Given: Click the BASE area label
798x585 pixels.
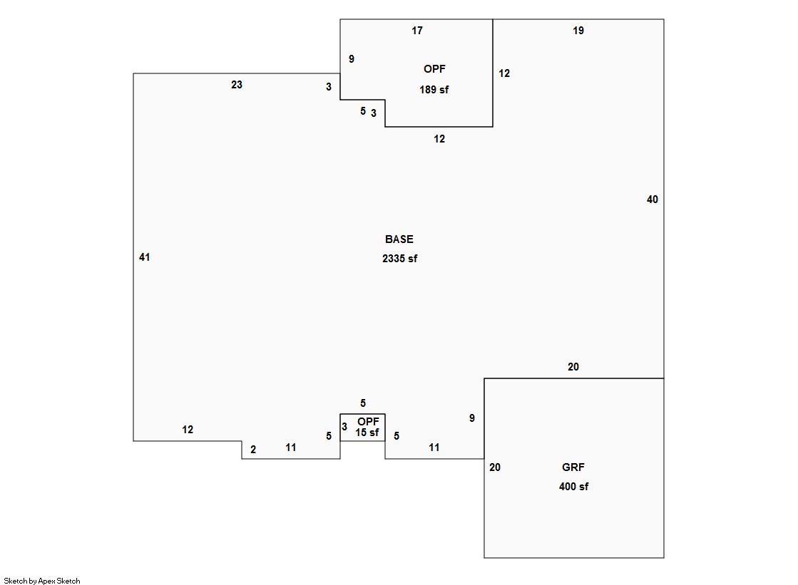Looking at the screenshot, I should [x=399, y=239].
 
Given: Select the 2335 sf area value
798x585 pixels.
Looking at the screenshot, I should [x=399, y=259].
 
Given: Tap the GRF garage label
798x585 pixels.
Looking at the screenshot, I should [x=573, y=467].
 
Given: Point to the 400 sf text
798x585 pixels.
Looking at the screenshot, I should [x=573, y=487].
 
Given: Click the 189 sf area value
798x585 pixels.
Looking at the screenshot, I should [x=434, y=90].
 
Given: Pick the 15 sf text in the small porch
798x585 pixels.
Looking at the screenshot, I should [x=367, y=433].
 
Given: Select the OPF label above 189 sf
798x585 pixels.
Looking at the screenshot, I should [x=434, y=69].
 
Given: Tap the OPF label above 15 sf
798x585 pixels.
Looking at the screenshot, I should [x=368, y=422].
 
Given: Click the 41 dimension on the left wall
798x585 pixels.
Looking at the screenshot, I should [x=144, y=257].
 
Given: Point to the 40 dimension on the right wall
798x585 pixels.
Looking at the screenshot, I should [x=652, y=200].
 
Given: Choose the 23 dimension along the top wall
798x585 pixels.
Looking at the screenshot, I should [x=237, y=85].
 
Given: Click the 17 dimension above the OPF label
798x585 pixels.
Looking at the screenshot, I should [x=417, y=31].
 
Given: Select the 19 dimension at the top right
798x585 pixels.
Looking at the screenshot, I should [x=578, y=31].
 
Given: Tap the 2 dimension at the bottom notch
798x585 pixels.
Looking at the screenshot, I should [x=252, y=450].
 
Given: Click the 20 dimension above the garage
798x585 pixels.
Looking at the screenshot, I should [x=573, y=367].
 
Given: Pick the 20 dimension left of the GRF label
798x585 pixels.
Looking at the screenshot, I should [x=495, y=467].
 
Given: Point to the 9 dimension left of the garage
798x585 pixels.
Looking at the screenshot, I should [x=471, y=418].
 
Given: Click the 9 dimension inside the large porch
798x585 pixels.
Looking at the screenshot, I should [x=351, y=59].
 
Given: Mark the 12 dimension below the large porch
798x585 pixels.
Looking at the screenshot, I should [x=439, y=139].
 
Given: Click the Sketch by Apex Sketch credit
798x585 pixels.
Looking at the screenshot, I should [x=42, y=581].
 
